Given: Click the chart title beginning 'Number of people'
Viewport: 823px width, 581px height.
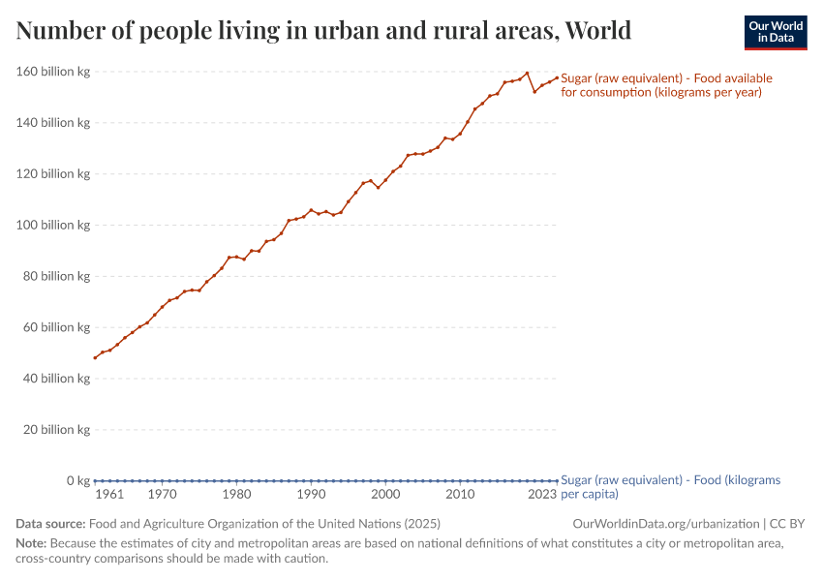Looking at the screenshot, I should (x=323, y=31).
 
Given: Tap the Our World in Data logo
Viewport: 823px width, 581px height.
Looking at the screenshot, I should (x=775, y=32).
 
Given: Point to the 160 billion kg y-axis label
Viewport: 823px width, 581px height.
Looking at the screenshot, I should (x=53, y=72).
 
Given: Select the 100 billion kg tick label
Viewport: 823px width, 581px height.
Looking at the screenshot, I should (x=53, y=226).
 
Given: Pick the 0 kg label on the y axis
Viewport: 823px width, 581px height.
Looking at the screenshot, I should (x=77, y=481).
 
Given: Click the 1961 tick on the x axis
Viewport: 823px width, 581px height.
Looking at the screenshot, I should (x=109, y=495).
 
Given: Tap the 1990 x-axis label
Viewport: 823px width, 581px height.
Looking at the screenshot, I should (x=311, y=495).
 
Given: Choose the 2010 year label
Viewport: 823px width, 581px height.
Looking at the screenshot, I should (x=460, y=495).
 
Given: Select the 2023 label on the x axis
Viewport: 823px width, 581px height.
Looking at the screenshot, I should (x=542, y=495).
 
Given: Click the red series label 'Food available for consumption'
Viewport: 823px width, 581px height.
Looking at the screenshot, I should (x=666, y=85).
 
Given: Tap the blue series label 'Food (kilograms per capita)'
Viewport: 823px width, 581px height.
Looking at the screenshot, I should (x=670, y=486).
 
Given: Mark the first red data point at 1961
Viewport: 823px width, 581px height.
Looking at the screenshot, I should (x=95, y=358).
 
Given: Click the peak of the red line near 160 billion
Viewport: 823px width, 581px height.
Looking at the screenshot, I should (x=527, y=73).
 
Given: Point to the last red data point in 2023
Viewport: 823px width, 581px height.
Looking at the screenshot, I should (x=557, y=77).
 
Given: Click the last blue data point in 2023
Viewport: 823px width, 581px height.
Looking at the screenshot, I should (x=557, y=480).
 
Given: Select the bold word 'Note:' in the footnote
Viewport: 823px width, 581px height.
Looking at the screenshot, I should (x=31, y=543).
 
